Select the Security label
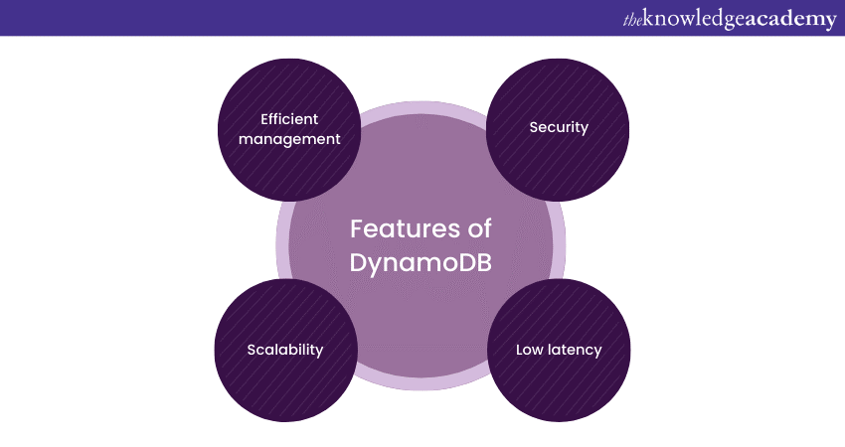[x=559, y=127]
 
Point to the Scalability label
[x=285, y=350]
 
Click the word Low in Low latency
[x=529, y=350]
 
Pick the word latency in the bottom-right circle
[x=574, y=350]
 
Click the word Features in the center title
[x=397, y=229]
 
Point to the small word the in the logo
[x=632, y=18]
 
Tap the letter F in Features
[x=356, y=229]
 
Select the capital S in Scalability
[x=252, y=350]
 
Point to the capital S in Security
[x=533, y=127]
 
